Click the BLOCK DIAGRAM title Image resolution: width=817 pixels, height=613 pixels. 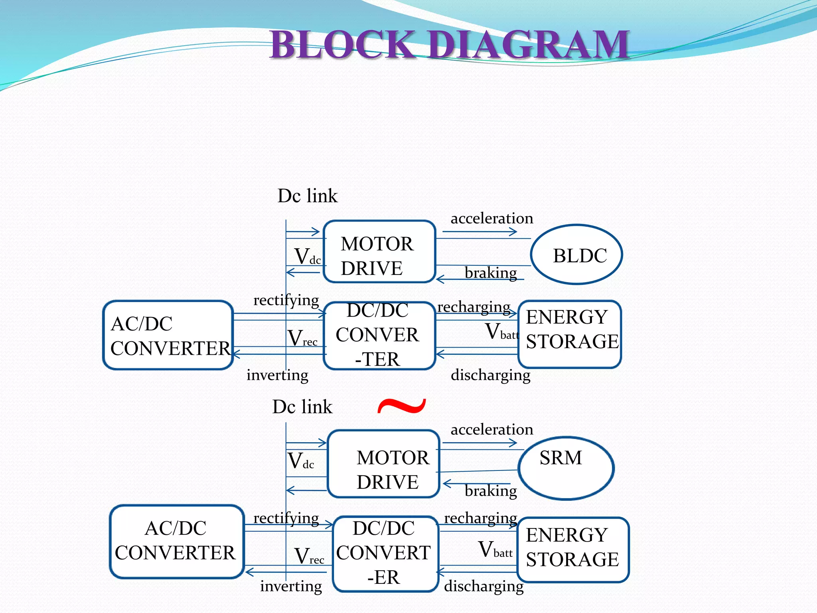pos(450,45)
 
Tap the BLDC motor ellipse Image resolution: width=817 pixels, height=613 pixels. pos(576,255)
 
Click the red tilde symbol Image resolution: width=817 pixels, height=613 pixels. pos(402,406)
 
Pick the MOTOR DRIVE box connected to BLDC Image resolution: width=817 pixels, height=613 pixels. pos(379,252)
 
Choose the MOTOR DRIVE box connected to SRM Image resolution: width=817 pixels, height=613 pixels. pos(383,464)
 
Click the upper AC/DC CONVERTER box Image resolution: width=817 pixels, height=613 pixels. pos(168,335)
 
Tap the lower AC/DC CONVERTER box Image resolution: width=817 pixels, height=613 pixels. pos(177,541)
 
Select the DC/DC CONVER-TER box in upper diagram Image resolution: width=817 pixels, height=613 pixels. pos(379,335)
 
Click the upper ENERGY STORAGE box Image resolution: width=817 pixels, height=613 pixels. pos(570,334)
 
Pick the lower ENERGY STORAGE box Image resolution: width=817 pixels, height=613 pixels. pos(573,550)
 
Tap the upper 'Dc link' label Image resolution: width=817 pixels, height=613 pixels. pos(307,196)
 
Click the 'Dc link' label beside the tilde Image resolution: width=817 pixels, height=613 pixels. pos(302,407)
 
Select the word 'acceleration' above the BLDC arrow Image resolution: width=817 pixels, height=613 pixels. pos(491,218)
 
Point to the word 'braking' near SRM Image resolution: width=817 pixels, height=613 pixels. pos(491,490)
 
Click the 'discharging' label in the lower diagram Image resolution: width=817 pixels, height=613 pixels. pos(483,586)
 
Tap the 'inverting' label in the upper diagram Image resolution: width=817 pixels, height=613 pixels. pos(277,375)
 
